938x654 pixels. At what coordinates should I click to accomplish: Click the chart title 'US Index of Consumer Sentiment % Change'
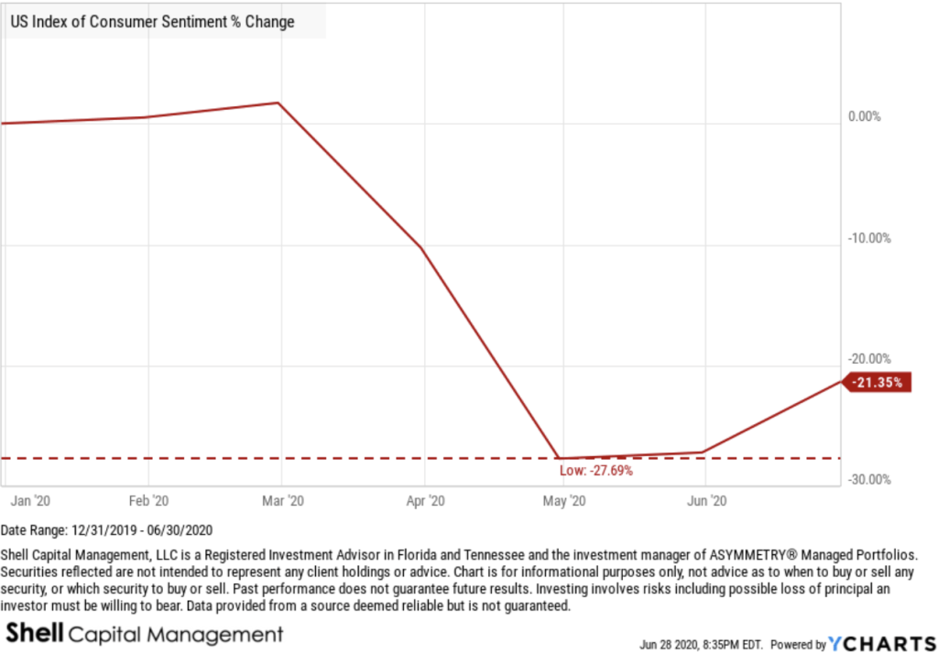152,22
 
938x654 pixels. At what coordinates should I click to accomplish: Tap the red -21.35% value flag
880,382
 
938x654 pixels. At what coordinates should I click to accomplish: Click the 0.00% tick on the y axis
864,116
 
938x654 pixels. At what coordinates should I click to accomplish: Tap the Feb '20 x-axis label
148,501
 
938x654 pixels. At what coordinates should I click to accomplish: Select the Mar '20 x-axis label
282,501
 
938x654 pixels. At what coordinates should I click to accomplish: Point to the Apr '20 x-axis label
424,501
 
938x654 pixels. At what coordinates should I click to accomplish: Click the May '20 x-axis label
565,501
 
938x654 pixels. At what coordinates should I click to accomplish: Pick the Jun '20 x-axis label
706,501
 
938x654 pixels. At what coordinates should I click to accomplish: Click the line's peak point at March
279,103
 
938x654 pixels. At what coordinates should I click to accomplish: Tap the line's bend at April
421,248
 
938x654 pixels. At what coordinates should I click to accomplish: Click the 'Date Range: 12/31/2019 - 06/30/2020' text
105,531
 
